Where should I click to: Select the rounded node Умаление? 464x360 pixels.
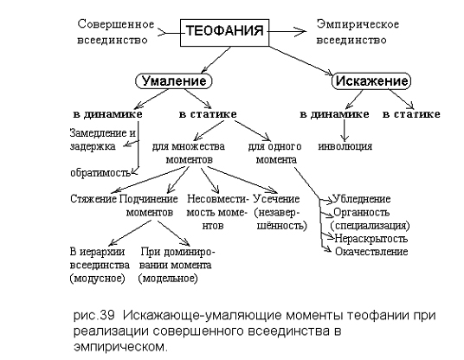pos(174,81)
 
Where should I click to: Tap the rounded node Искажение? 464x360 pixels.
pos(371,81)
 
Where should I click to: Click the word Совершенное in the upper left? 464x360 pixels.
pos(116,24)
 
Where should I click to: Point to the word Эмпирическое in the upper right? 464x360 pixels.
pos(358,25)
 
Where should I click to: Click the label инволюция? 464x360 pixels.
pos(345,146)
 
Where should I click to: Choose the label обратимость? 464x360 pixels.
pos(100,173)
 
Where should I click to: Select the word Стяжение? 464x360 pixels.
pos(93,199)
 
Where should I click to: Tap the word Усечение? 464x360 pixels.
pos(277,199)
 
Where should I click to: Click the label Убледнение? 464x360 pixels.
pos(362,199)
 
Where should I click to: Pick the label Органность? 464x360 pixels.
pos(361,212)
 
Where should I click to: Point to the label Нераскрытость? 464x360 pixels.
pos(371,239)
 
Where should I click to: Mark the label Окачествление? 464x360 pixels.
pos(371,252)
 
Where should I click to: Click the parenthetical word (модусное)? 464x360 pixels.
pos(98,279)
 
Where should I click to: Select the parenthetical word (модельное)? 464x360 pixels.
pos(168,279)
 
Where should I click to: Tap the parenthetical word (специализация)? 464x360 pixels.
pos(370,226)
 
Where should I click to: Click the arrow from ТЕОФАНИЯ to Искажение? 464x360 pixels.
pos(300,61)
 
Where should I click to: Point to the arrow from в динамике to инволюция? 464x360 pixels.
pos(344,130)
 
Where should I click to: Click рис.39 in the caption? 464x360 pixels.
pos(93,316)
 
